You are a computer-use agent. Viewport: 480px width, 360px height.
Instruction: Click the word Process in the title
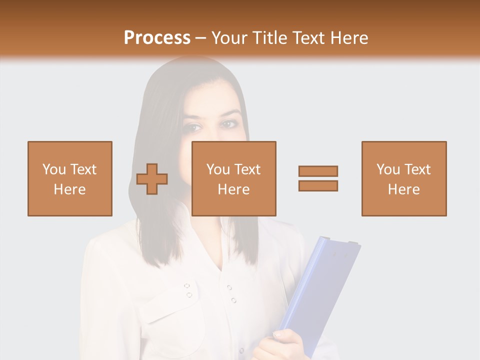157,37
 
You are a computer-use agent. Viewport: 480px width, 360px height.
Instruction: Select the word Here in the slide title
348,37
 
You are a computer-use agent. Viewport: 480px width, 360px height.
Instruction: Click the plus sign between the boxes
152,179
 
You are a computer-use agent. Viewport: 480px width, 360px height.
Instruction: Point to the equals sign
318,178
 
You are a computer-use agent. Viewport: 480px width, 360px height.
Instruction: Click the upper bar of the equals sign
318,171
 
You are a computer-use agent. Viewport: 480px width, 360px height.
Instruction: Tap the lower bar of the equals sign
318,185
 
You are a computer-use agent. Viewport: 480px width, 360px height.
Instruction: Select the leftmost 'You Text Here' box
70,178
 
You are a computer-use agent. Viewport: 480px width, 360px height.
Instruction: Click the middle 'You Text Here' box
234,178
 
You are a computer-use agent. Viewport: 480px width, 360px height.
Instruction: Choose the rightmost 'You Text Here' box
404,178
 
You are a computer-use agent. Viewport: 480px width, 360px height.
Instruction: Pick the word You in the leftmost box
54,169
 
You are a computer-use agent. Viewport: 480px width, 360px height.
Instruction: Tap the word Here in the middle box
234,189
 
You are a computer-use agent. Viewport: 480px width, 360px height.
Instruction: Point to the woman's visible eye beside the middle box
229,124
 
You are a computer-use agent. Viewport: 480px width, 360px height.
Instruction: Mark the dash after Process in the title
200,38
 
